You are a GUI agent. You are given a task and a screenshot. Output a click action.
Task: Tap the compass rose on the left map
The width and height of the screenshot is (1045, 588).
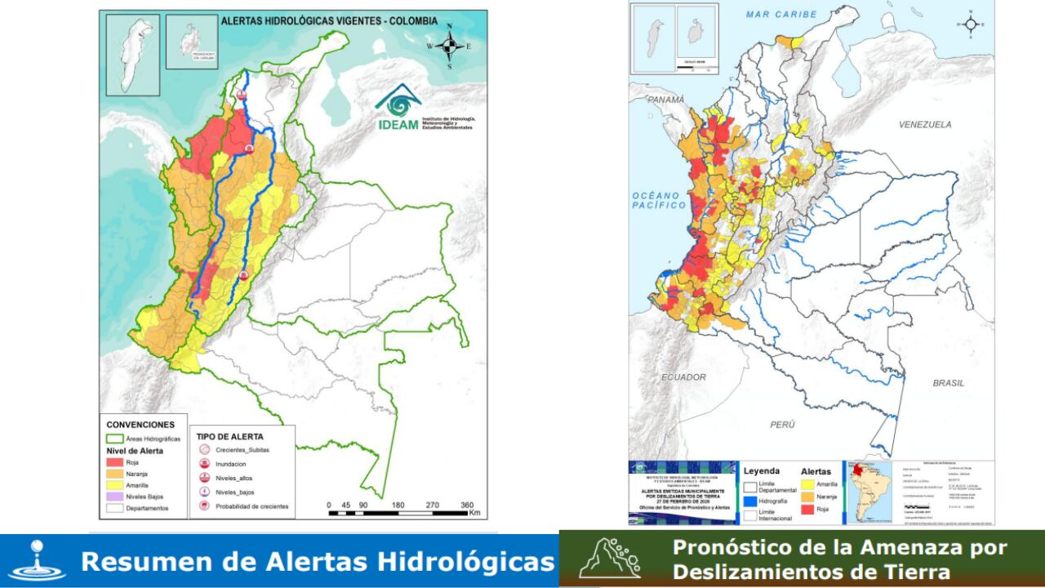[448, 46]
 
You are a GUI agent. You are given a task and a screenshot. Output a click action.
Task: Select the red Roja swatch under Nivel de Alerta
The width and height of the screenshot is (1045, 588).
[114, 462]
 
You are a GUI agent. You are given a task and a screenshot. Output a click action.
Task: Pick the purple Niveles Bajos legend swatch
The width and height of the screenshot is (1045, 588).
[114, 496]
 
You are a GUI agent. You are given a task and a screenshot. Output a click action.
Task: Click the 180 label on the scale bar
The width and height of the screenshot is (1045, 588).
[398, 504]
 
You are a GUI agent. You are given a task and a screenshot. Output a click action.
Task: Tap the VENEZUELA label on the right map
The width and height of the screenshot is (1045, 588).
[925, 125]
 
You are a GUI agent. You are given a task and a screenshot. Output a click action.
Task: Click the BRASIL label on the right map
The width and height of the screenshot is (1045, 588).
[948, 382]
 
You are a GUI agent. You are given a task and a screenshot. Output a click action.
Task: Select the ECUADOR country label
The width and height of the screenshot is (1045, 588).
[684, 377]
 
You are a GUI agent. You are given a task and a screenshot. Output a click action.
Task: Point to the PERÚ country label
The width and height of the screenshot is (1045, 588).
[781, 424]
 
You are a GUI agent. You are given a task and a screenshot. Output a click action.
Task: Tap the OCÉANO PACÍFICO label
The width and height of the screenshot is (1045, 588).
[658, 201]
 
